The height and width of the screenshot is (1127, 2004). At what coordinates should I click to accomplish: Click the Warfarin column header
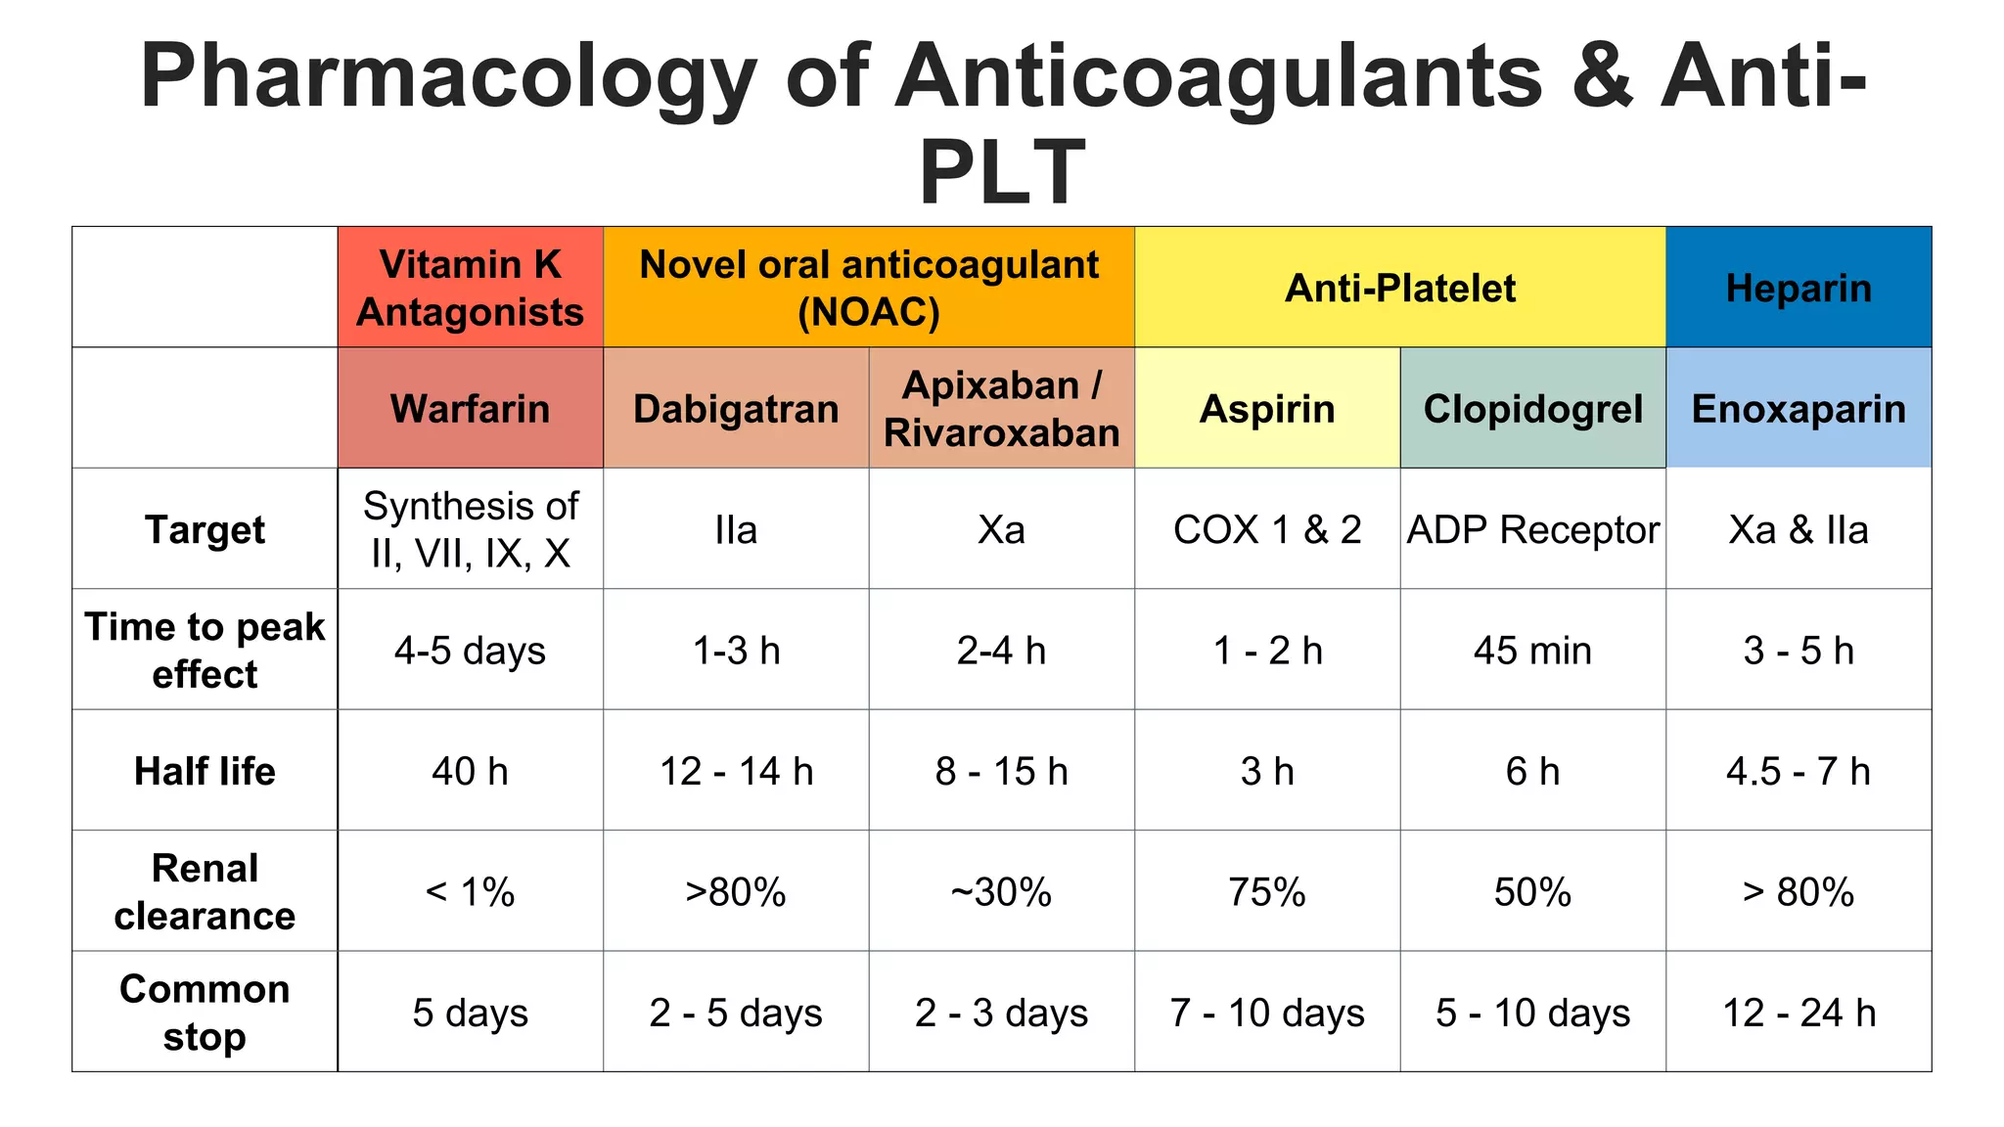(470, 408)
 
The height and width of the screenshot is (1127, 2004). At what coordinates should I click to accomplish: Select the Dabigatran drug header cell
(736, 408)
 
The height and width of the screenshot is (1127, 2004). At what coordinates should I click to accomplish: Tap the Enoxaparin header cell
(1799, 408)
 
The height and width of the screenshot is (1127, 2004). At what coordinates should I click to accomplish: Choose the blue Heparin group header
(1799, 288)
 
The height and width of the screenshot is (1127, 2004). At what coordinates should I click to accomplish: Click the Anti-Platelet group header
(1400, 288)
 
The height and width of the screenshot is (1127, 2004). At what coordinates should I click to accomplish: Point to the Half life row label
(205, 771)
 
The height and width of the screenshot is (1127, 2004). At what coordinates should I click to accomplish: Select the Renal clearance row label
(205, 891)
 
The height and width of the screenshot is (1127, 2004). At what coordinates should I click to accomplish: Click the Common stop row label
(205, 1013)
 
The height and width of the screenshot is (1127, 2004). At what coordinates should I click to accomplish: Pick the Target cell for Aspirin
(1267, 529)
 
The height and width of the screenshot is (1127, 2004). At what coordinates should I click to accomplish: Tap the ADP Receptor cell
(1533, 529)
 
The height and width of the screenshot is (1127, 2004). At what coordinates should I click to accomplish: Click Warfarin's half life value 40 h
(470, 771)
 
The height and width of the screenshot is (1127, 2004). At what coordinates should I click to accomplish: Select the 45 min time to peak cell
(1533, 651)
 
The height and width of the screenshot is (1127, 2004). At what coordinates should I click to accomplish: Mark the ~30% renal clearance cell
(1001, 891)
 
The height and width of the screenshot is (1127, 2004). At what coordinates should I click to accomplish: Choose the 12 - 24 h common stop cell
(1799, 1013)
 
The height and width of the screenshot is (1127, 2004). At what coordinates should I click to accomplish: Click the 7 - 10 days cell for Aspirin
(1267, 1013)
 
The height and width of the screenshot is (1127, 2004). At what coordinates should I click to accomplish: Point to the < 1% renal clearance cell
(470, 891)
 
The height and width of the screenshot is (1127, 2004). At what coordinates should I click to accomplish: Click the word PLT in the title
(1002, 172)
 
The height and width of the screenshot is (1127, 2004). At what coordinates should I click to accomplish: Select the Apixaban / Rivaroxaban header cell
(1001, 408)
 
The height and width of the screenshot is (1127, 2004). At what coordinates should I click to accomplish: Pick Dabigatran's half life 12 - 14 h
(736, 771)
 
